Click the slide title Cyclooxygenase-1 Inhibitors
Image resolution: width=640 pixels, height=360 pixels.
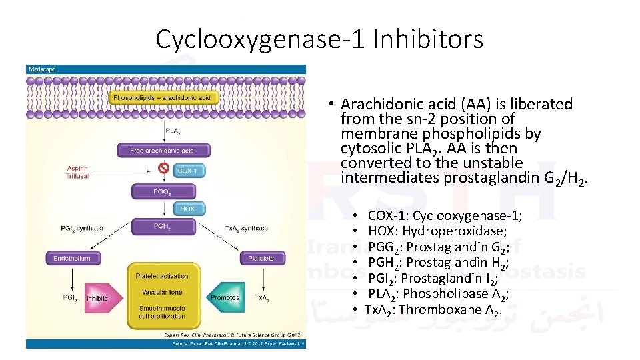319,39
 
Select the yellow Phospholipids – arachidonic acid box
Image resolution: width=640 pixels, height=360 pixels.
161,98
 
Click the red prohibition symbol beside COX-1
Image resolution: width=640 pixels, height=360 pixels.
163,169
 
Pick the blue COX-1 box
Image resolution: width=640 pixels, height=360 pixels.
187,171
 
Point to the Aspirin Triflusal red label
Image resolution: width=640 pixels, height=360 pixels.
77,173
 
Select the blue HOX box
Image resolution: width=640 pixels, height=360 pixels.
187,209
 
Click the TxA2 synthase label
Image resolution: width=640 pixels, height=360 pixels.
246,229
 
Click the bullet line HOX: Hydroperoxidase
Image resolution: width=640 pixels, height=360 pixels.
437,231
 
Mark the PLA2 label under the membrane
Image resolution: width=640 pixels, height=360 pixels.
172,131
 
